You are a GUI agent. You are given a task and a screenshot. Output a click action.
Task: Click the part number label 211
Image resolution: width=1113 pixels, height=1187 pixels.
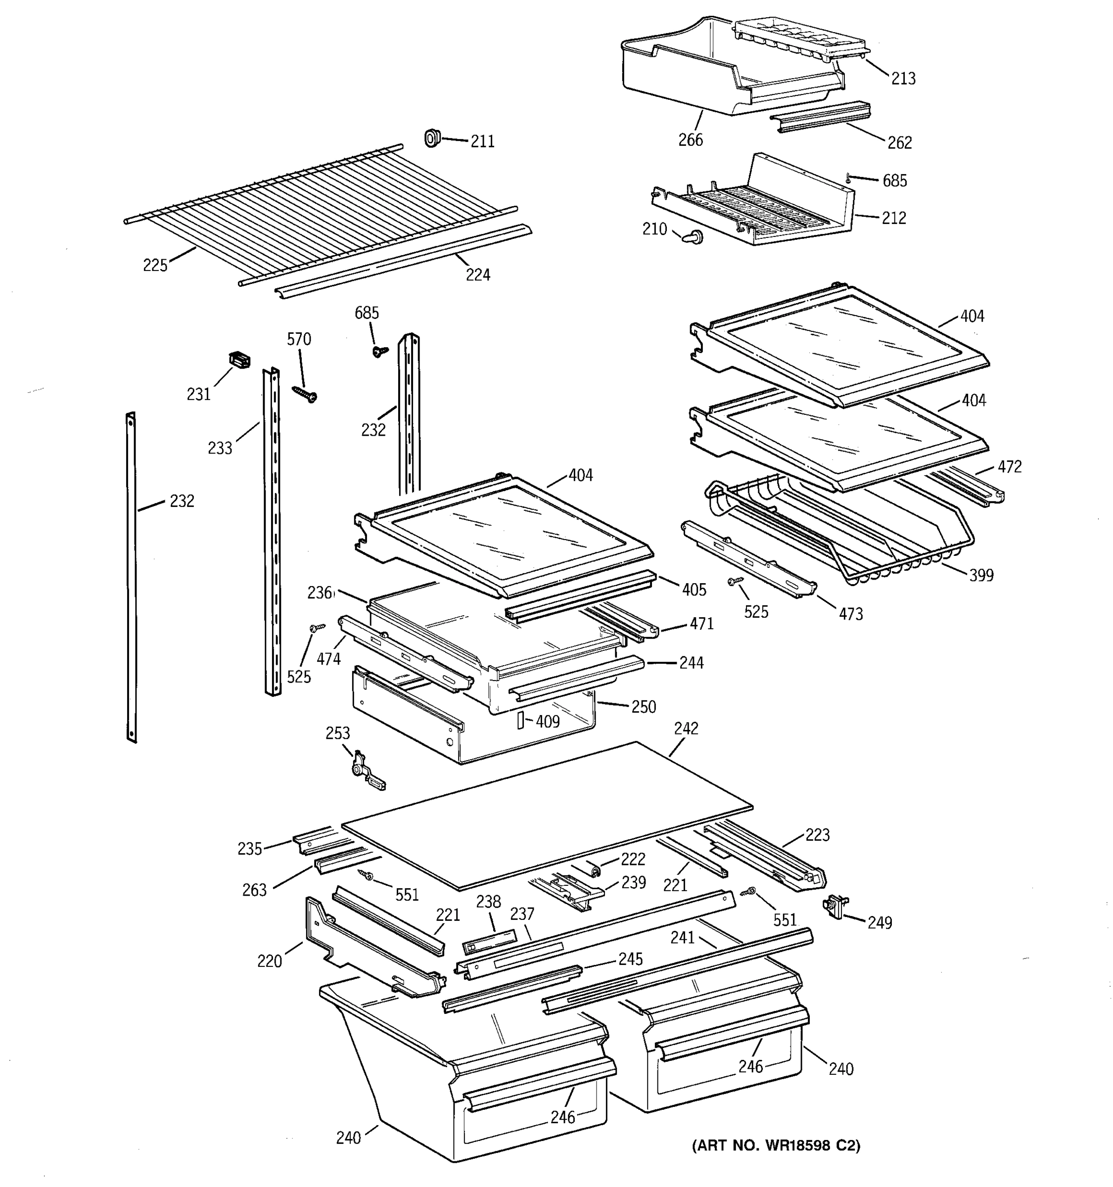tap(482, 141)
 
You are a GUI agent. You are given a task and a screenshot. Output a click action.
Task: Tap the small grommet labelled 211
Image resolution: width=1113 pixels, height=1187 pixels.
tap(432, 138)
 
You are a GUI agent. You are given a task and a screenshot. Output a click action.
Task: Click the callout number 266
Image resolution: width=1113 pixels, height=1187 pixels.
tap(690, 139)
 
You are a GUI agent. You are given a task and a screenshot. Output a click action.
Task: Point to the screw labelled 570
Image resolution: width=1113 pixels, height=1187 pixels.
tap(305, 394)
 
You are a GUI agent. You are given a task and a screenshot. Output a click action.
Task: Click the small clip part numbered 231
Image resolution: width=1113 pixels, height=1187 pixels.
tap(239, 360)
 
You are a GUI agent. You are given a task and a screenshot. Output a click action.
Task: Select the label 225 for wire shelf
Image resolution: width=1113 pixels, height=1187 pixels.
tap(155, 265)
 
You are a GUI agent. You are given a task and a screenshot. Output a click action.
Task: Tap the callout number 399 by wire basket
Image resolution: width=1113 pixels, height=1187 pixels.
tap(981, 575)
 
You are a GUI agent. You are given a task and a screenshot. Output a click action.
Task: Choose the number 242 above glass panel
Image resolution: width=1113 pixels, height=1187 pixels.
tap(686, 729)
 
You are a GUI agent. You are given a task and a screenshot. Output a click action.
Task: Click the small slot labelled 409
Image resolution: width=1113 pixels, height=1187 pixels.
tap(519, 720)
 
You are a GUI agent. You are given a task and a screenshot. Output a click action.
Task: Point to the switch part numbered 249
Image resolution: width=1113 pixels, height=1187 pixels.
tap(835, 907)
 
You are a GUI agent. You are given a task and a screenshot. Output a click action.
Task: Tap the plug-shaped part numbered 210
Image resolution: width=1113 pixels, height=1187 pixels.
tap(693, 237)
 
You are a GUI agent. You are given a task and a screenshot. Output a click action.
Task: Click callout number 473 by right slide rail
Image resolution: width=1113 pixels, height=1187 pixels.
tap(850, 614)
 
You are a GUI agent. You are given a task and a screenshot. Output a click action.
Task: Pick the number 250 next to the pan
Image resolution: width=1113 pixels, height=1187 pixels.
tap(644, 706)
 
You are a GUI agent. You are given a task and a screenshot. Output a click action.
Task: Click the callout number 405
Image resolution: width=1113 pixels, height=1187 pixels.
tap(694, 590)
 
